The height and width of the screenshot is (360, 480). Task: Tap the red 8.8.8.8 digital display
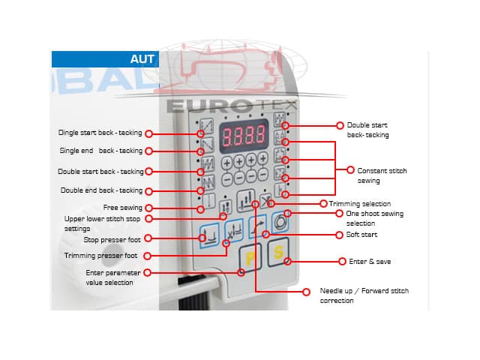pyautogui.click(x=238, y=135)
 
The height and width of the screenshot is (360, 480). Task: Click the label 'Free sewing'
pyautogui.click(x=122, y=208)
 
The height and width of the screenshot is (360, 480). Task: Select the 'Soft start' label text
pyautogui.click(x=362, y=235)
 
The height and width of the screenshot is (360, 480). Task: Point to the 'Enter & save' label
pyautogui.click(x=370, y=262)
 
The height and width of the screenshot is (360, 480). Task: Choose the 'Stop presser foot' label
pyautogui.click(x=112, y=239)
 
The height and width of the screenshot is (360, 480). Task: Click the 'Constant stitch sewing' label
pyautogui.click(x=382, y=175)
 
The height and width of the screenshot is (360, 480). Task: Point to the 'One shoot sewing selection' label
pyautogui.click(x=374, y=218)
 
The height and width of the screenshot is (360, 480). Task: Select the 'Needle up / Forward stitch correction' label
pyautogui.click(x=364, y=295)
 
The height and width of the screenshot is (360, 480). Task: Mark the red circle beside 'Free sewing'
pyautogui.click(x=148, y=208)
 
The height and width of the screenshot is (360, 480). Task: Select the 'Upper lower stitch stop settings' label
pyautogui.click(x=102, y=223)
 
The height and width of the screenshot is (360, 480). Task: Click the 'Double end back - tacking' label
pyautogui.click(x=101, y=190)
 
